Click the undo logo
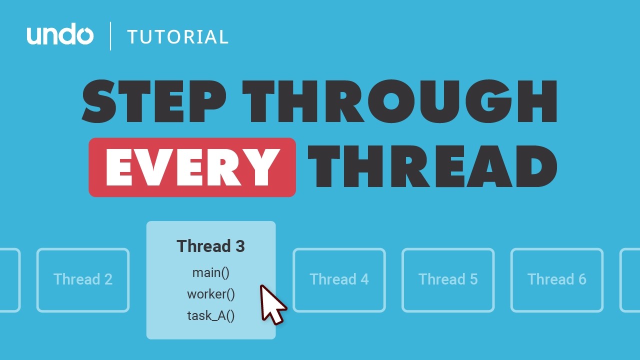(x=60, y=36)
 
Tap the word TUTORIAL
(x=177, y=37)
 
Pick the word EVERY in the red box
(x=192, y=167)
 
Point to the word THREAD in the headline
(x=432, y=167)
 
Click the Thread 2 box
(x=83, y=279)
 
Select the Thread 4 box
(x=339, y=279)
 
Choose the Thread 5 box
(x=448, y=279)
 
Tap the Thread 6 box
(x=557, y=279)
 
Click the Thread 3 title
(x=210, y=246)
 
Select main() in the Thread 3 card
(x=210, y=273)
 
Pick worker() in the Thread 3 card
(x=210, y=294)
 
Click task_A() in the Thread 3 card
(x=210, y=316)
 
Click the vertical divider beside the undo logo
(x=110, y=36)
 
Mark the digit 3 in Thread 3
(x=239, y=246)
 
